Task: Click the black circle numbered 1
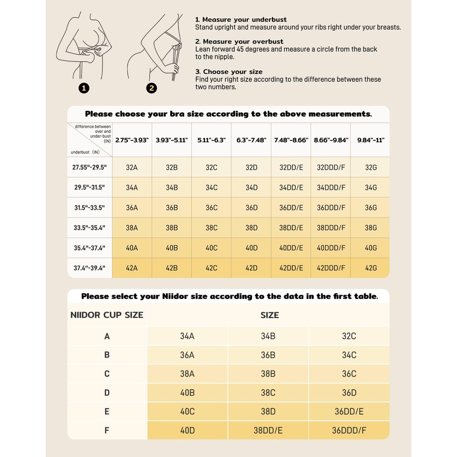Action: tap(85, 88)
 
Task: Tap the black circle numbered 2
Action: tap(151, 88)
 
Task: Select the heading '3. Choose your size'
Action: tap(228, 72)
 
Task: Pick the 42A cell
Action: tap(132, 267)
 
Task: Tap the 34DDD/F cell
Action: tap(330, 187)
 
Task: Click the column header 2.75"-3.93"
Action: tap(132, 139)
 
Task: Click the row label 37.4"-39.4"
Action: tap(90, 267)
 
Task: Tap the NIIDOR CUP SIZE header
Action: tap(107, 315)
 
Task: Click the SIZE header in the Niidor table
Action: tap(270, 315)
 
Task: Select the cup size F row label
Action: tap(107, 430)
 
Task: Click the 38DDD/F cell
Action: tap(330, 227)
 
